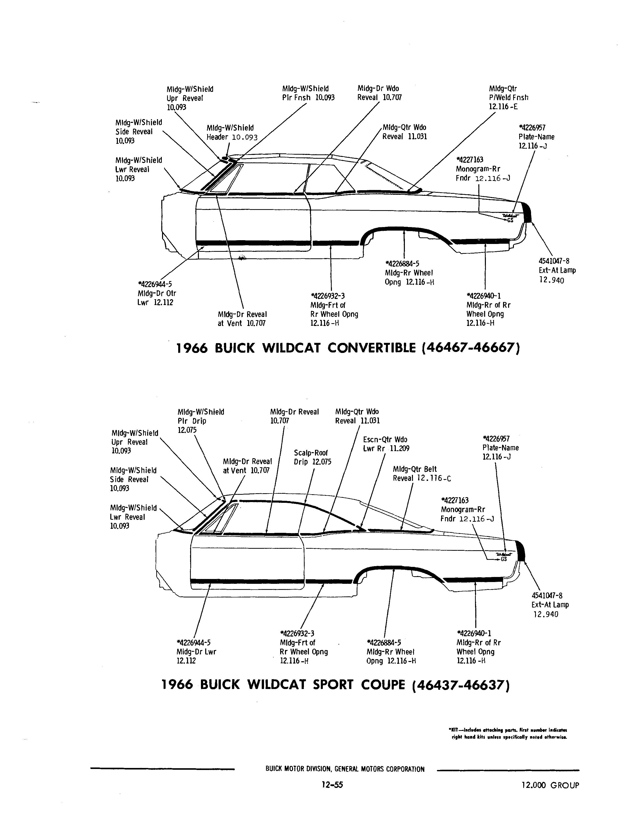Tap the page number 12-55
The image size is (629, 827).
(x=332, y=785)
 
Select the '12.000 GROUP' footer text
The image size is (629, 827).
(x=550, y=785)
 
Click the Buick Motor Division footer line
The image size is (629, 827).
(x=345, y=769)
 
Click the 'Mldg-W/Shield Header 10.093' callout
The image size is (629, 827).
(x=232, y=132)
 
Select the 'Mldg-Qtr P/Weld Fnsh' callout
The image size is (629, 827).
(x=508, y=97)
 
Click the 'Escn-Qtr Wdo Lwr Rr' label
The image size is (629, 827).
(x=386, y=444)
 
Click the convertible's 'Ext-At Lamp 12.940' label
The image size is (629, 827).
(x=557, y=270)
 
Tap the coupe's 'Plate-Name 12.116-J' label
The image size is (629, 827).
(x=501, y=448)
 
